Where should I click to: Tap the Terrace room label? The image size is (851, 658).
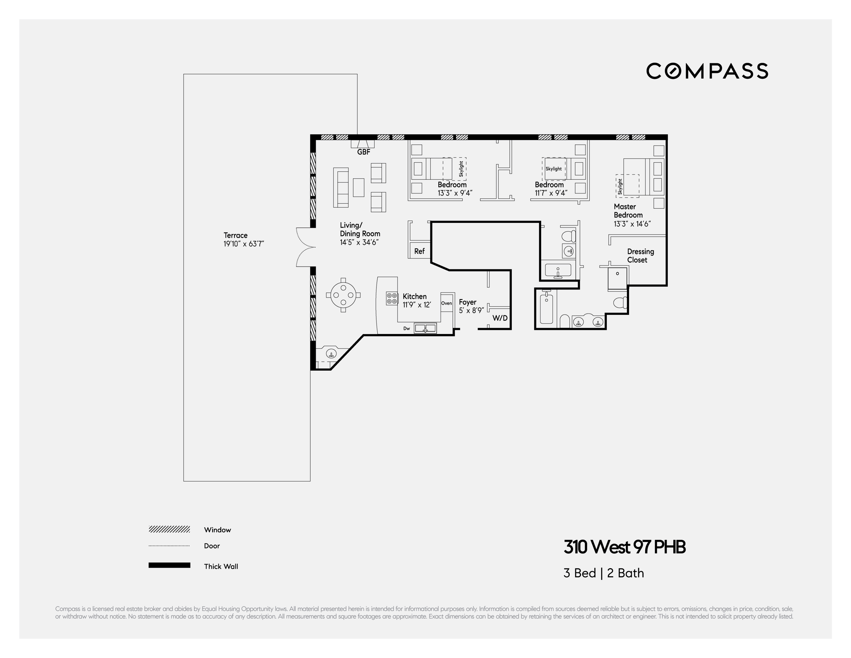[235, 235]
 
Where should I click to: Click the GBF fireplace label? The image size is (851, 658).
[364, 152]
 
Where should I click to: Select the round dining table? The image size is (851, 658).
[343, 295]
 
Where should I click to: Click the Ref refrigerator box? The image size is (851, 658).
[419, 251]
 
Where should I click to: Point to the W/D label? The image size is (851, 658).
[500, 318]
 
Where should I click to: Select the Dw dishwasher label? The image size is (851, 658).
[406, 329]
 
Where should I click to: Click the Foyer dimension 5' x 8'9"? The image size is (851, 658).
[471, 311]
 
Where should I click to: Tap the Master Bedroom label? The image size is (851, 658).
[628, 211]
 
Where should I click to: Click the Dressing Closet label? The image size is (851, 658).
[640, 256]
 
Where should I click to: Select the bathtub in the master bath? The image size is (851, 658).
[546, 309]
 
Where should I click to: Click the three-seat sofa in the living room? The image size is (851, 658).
[340, 188]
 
